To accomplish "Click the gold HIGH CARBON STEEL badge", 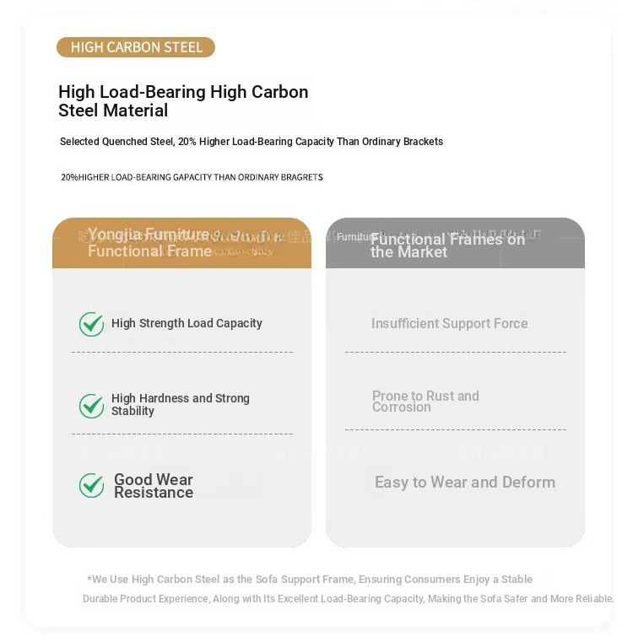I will tap(136, 47).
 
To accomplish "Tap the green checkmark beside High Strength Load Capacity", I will tap(91, 324).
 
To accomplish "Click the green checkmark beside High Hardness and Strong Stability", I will tap(91, 406).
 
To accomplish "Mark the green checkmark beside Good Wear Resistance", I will tap(91, 486).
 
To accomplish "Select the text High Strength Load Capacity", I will tap(187, 323).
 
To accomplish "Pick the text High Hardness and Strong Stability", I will tap(180, 405).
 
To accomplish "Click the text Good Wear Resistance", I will tap(154, 486).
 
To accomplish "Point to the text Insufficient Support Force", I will tap(449, 323).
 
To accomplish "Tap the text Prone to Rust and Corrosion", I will tap(425, 402).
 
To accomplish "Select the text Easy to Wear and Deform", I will tap(464, 483).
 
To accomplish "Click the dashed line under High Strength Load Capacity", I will tap(181, 352).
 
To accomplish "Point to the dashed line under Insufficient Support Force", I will tap(455, 352).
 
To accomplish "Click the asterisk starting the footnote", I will tap(89, 580).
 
